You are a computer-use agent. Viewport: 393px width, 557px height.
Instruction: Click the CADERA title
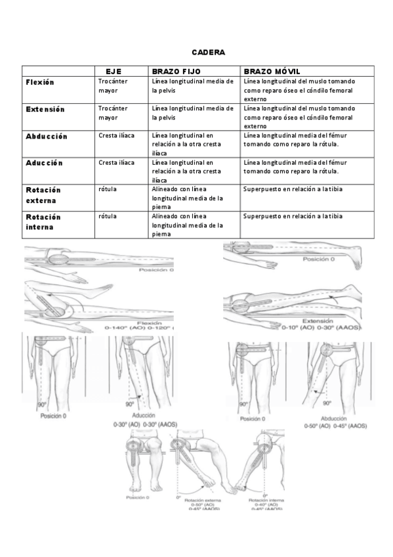pos(209,52)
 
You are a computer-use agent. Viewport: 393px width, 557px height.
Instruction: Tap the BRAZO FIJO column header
pos(176,71)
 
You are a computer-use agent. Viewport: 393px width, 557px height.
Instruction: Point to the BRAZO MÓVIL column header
pos(272,71)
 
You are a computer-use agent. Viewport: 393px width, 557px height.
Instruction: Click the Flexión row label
pos(40,82)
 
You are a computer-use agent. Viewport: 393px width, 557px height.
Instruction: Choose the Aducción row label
pos(44,162)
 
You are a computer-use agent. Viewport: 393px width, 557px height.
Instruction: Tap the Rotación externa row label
pos(43,194)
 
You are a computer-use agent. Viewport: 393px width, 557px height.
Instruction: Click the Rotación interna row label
pos(43,221)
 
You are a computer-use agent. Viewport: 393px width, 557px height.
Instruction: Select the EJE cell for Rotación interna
pos(107,215)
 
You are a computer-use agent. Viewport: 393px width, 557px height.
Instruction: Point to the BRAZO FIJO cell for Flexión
pos(192,86)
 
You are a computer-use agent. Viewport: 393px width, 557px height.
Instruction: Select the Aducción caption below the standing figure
pos(143,416)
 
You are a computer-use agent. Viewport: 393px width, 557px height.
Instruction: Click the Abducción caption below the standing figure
pos(338,418)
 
